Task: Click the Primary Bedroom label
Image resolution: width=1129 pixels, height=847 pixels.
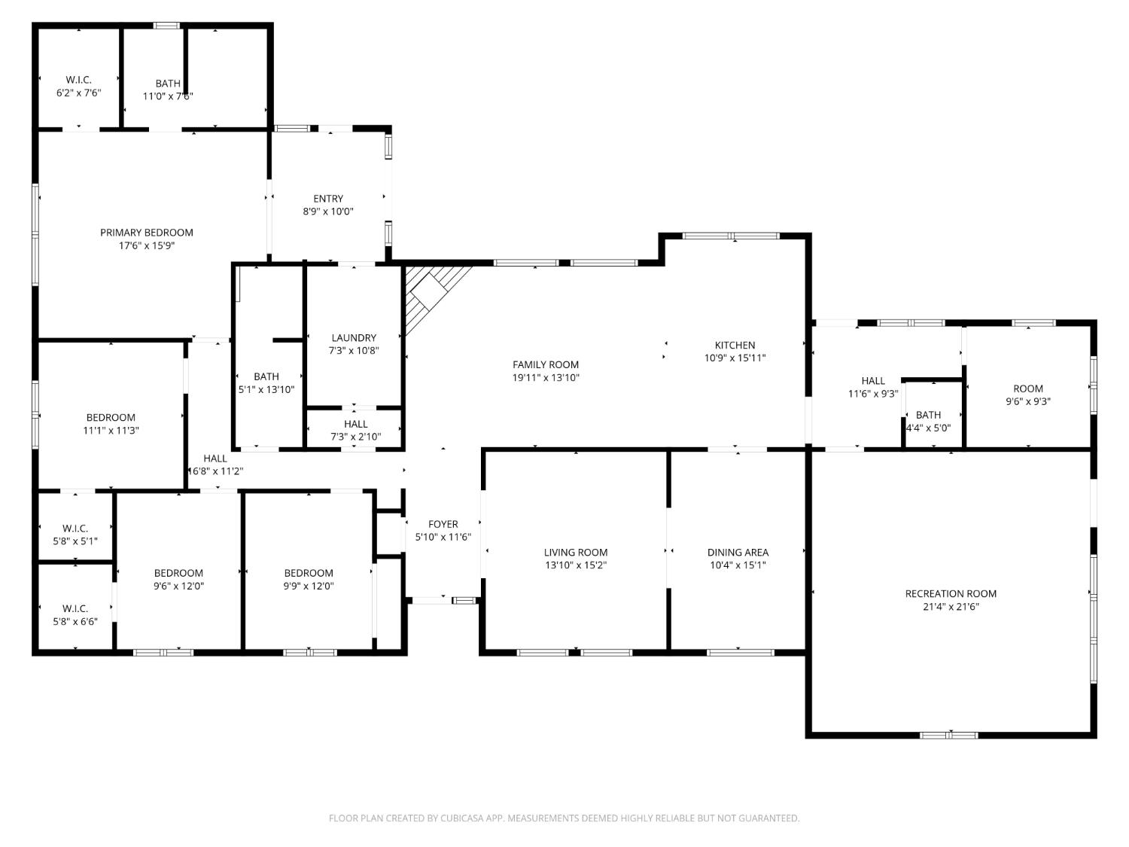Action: click(147, 233)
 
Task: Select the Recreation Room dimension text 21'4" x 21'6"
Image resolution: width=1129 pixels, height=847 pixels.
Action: click(951, 607)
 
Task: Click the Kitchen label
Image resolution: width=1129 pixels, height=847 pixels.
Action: click(735, 346)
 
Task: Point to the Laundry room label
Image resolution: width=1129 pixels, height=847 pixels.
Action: click(354, 338)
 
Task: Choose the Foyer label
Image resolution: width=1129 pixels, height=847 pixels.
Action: click(443, 524)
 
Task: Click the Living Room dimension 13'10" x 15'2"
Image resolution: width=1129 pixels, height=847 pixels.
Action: click(576, 565)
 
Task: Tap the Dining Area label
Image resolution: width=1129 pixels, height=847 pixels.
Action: click(738, 553)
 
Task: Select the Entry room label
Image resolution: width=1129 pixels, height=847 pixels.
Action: click(328, 199)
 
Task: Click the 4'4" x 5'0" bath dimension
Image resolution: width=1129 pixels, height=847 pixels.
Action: click(928, 428)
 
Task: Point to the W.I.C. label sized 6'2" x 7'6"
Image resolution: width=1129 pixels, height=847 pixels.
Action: click(78, 80)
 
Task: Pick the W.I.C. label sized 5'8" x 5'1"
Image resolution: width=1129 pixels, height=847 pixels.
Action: click(75, 529)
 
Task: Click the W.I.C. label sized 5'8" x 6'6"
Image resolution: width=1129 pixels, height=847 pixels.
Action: click(75, 608)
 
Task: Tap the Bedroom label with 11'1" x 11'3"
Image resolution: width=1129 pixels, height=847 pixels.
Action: click(111, 418)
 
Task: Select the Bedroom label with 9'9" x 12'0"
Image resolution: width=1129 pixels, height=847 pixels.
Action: click(309, 573)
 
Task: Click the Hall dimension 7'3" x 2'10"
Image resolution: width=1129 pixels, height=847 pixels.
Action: click(355, 437)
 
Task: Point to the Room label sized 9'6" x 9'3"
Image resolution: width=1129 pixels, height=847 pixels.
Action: click(1028, 388)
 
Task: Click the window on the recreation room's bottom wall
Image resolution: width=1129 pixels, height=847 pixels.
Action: click(950, 734)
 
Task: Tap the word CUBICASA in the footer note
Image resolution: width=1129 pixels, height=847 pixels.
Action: click(461, 818)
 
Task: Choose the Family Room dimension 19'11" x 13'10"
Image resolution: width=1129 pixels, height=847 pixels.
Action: click(546, 378)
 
